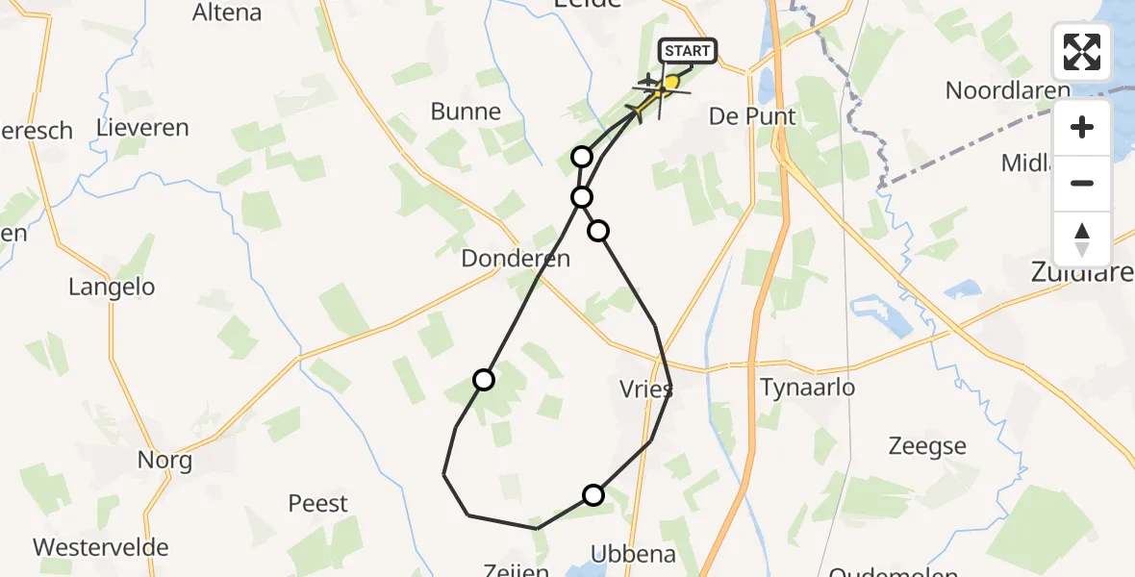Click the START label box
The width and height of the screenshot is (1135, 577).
point(687,51)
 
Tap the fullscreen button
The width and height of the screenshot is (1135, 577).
point(1082,52)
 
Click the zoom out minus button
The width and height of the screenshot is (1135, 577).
point(1082,183)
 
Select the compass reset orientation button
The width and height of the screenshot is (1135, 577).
point(1082,239)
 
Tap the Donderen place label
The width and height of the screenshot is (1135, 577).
point(516,258)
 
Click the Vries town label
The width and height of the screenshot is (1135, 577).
point(645,389)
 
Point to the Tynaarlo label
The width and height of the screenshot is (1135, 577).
point(808,388)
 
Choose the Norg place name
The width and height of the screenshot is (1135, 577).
point(164,460)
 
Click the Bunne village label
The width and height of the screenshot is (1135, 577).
point(466,112)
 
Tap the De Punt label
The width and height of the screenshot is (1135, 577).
point(752,116)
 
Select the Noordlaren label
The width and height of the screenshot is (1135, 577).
point(1007,90)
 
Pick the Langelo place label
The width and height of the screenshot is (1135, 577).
point(112,287)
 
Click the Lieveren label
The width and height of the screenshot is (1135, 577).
point(142,128)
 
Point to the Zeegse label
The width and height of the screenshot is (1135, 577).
point(927,446)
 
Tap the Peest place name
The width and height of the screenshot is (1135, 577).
point(318,503)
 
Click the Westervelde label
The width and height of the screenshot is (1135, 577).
point(101,547)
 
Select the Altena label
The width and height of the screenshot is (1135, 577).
point(227,13)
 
